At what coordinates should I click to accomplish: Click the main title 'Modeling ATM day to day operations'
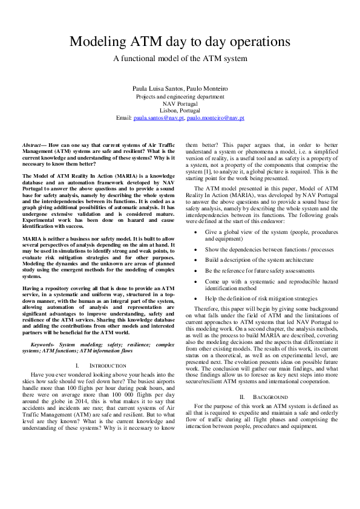[180, 42]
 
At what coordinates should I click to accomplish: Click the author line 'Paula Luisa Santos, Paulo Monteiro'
[180, 89]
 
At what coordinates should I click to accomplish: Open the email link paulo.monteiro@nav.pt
[215, 118]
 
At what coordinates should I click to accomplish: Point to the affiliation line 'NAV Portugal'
[180, 103]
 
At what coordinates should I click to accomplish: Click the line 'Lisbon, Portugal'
[180, 111]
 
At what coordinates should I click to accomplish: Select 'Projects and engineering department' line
[180, 96]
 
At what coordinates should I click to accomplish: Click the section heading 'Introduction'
[108, 366]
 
